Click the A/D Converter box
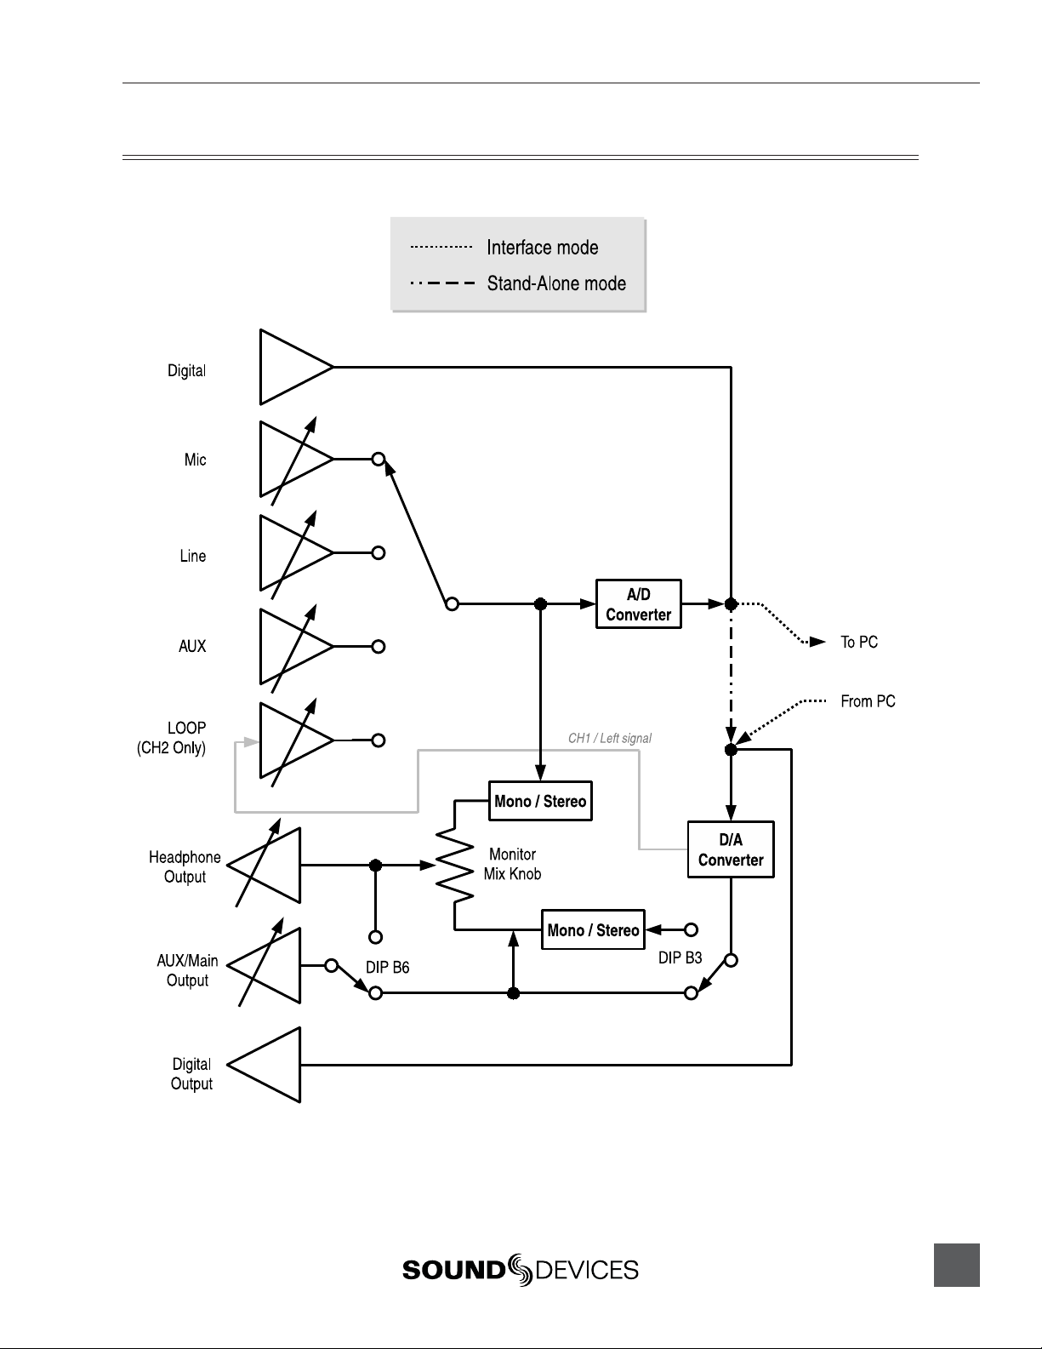point(638,604)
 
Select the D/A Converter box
point(731,849)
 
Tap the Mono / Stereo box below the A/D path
point(540,801)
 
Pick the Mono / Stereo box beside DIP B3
point(593,929)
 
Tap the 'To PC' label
point(859,642)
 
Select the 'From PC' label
point(868,700)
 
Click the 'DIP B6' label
point(387,967)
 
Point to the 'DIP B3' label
point(680,957)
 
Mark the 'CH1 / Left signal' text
point(610,738)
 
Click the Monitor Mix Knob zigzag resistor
point(454,866)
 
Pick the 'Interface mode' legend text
point(542,247)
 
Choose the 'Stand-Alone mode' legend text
point(556,283)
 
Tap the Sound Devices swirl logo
point(520,1270)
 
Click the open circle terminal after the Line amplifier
point(379,552)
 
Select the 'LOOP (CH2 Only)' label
point(171,738)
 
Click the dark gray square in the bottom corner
point(956,1265)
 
